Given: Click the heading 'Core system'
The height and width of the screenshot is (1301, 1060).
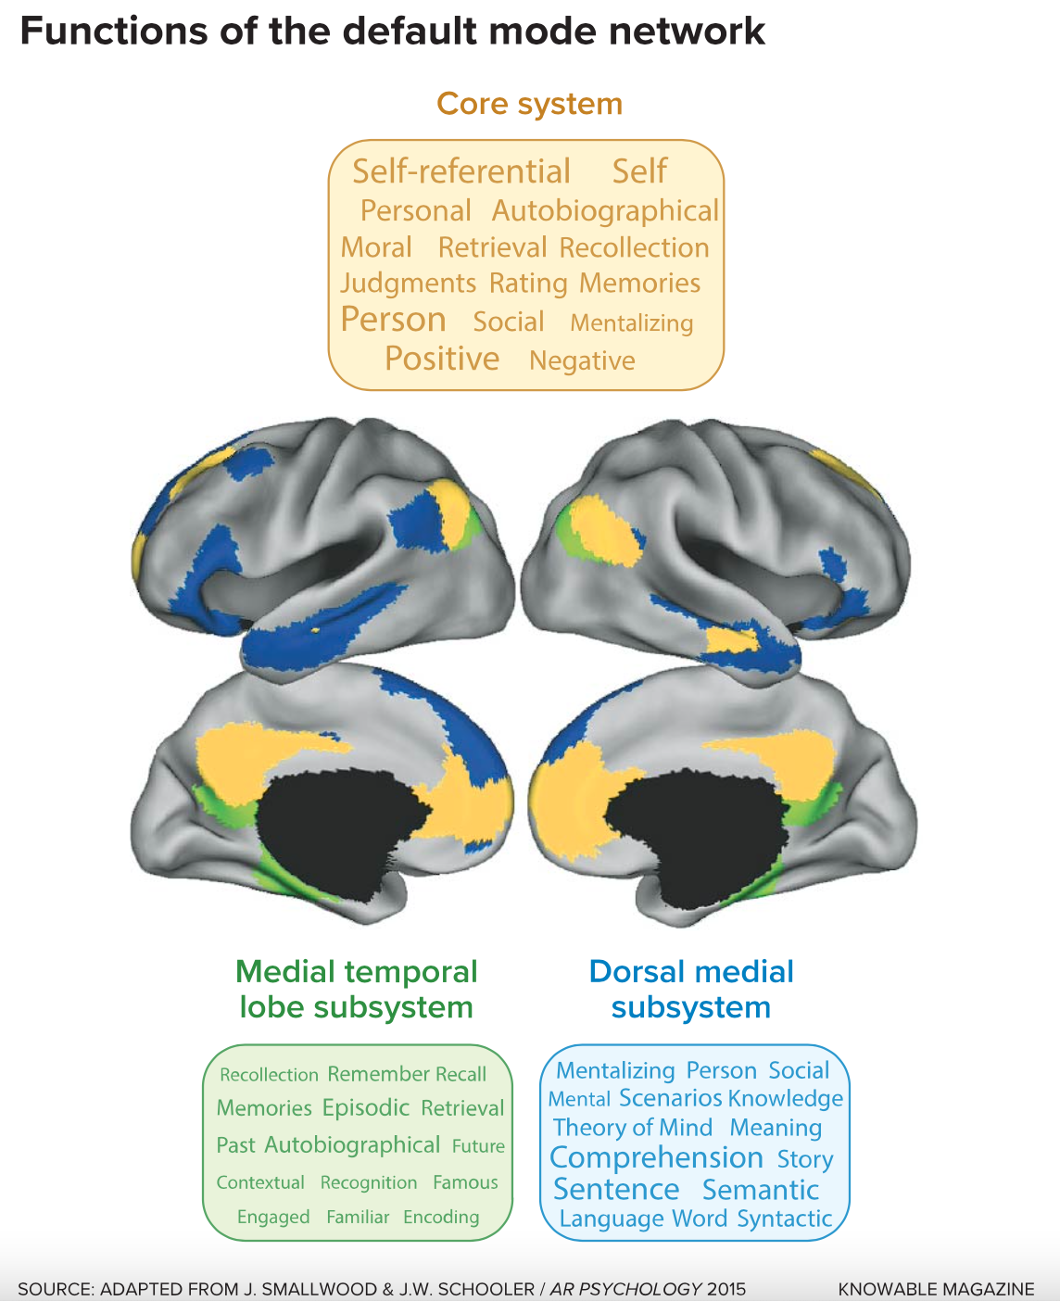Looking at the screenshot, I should (529, 104).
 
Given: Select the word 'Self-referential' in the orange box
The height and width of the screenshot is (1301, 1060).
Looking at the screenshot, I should (461, 171).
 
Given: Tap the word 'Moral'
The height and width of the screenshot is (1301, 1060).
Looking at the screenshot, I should (376, 247).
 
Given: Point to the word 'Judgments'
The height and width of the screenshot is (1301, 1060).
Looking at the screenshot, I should (408, 283).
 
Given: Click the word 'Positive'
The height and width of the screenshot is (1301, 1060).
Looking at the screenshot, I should (442, 359).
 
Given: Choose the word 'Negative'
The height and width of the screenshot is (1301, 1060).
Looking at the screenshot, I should (582, 360).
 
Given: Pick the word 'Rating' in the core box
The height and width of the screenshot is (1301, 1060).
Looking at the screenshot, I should (528, 283).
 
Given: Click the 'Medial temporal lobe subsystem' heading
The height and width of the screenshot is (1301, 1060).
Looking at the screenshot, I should (357, 990).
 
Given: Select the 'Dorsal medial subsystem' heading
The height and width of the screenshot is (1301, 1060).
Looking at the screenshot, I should (691, 990).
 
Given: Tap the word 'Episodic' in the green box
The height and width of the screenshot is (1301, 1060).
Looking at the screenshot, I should (366, 1108).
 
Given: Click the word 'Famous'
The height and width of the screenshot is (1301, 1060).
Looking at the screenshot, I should (465, 1182).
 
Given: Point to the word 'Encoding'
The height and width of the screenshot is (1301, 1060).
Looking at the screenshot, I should (441, 1217).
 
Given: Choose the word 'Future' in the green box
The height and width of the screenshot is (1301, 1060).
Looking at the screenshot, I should (478, 1146).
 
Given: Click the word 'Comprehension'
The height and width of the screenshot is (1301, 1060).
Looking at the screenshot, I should (656, 1158).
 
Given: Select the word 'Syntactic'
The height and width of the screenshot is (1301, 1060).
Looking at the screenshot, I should (785, 1219).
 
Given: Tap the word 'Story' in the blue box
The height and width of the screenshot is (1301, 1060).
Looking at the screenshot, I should (805, 1159).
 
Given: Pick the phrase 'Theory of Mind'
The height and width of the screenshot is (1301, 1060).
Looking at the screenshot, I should (633, 1128).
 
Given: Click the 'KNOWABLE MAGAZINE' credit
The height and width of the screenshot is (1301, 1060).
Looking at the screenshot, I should (936, 1289).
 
